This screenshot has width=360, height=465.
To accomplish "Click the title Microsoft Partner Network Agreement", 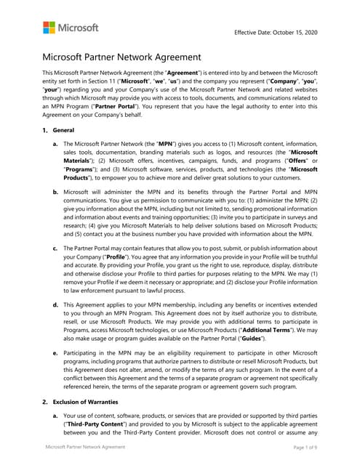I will (121, 57).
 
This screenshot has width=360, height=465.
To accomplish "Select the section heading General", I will (64, 129).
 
